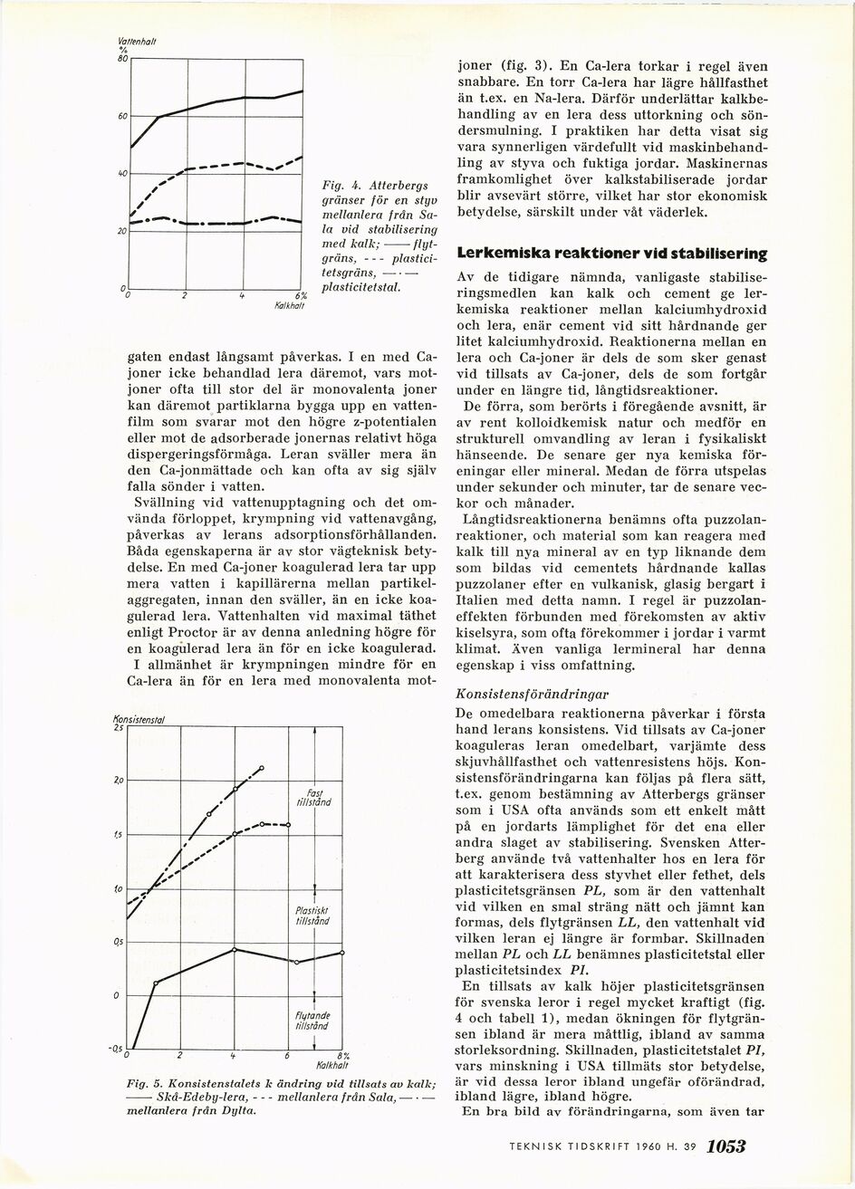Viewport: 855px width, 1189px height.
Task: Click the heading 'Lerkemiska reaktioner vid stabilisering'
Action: (x=613, y=254)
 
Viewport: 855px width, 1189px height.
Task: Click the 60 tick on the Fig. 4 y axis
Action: (x=122, y=116)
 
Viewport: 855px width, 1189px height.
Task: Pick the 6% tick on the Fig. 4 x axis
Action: (x=302, y=295)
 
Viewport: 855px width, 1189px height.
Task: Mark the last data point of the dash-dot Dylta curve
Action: (x=262, y=768)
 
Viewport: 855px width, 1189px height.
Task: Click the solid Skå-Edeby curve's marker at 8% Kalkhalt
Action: (x=342, y=952)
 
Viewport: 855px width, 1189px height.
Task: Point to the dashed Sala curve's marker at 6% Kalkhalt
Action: (x=288, y=824)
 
